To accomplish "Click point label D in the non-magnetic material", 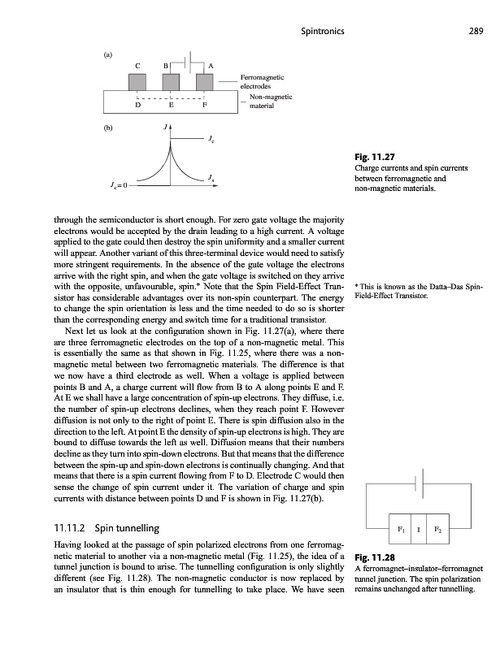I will pos(137,104).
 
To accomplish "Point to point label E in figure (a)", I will pos(171,104).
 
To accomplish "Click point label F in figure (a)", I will pos(204,104).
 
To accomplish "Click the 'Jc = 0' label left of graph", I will pos(115,185).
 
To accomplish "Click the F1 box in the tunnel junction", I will pos(399,529).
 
